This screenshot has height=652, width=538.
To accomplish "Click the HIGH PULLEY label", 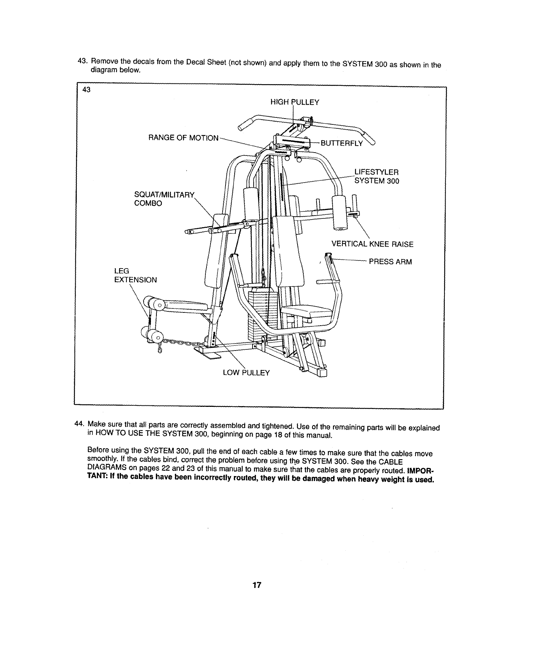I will pyautogui.click(x=295, y=102).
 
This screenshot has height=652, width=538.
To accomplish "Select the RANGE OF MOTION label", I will pyautogui.click(x=183, y=138).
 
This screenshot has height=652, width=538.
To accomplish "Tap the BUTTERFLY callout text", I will pyautogui.click(x=341, y=143).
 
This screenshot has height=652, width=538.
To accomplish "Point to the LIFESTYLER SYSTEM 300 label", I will pyautogui.click(x=376, y=176).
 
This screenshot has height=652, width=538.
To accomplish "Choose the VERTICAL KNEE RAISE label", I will pyautogui.click(x=372, y=244).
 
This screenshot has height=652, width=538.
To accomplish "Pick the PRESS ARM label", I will pyautogui.click(x=390, y=262).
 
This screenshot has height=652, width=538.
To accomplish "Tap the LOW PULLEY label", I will pyautogui.click(x=246, y=373).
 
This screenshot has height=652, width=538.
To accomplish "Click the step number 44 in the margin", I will pyautogui.click(x=79, y=424).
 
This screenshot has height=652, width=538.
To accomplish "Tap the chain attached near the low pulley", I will pyautogui.click(x=181, y=342).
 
